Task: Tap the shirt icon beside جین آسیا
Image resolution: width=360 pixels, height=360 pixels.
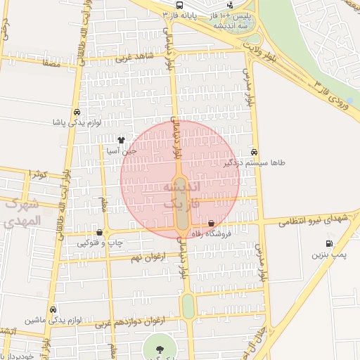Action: pyautogui.click(x=121, y=140)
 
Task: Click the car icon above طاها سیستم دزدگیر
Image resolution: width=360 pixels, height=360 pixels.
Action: pyautogui.click(x=254, y=152)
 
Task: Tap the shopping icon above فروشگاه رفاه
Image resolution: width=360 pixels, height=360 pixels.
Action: pyautogui.click(x=212, y=224)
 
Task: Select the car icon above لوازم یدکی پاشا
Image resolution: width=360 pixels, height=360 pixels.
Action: pyautogui.click(x=76, y=112)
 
